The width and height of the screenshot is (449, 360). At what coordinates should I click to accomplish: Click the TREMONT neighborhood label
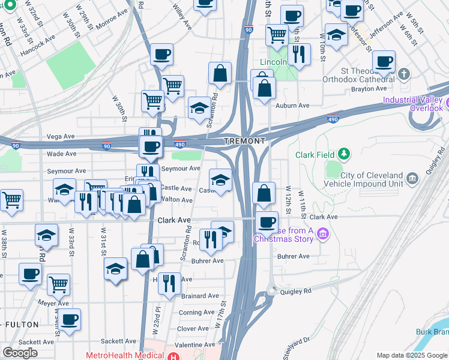tap(244, 141)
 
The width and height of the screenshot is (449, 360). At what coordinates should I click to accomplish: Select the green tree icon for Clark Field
tap(344, 154)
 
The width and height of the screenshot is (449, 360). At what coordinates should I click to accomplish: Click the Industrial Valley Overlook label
tap(413, 104)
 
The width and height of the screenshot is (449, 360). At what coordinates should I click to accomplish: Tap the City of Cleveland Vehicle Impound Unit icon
tap(412, 178)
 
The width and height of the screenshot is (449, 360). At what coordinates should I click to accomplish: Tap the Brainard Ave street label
tap(200, 296)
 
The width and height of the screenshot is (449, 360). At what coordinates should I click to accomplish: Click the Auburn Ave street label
tap(292, 106)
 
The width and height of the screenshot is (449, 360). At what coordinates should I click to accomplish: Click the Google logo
tap(20, 353)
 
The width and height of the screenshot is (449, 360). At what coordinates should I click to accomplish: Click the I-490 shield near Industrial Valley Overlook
tap(334, 120)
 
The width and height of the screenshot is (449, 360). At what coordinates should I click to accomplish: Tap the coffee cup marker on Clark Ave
tap(267, 221)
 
